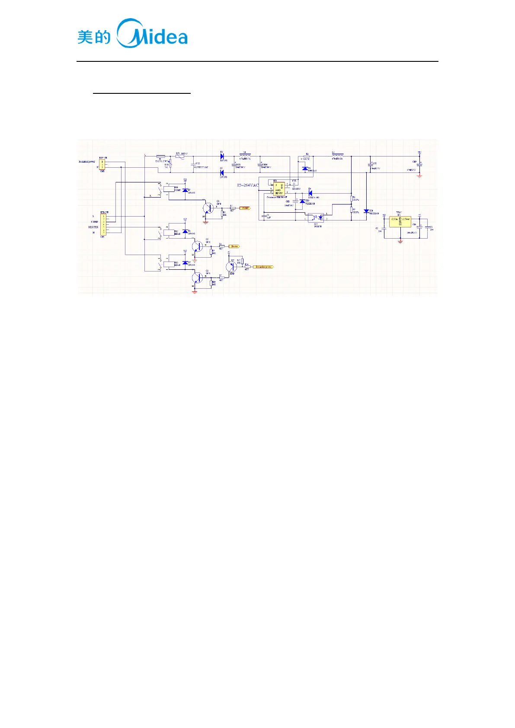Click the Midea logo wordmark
(152, 34)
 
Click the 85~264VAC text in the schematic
(248, 185)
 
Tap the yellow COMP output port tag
(245, 208)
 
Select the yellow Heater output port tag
(234, 246)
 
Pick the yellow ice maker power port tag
(263, 267)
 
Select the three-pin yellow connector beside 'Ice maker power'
(102, 165)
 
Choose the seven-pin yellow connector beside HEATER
(103, 224)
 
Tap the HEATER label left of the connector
(93, 227)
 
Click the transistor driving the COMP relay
(208, 208)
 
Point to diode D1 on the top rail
(222, 156)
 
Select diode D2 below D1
(222, 172)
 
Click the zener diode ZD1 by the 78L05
(366, 211)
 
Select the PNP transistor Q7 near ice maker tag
(231, 267)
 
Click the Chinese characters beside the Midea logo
(94, 37)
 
